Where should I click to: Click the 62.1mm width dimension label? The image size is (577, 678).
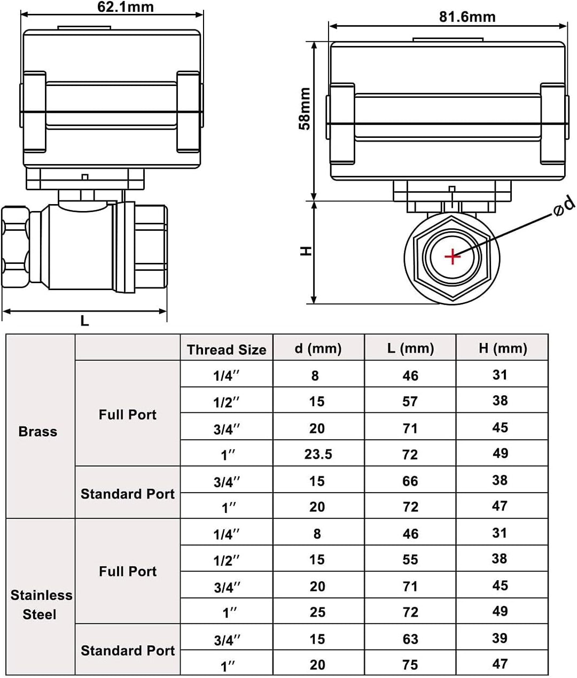click(126, 7)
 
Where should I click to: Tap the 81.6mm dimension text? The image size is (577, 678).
click(467, 17)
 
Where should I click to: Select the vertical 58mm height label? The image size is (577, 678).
click(305, 108)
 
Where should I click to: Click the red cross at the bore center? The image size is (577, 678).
click(453, 256)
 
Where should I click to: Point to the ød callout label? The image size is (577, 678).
click(564, 207)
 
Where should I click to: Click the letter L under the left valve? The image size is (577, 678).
click(84, 321)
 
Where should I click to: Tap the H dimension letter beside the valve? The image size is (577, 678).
click(306, 251)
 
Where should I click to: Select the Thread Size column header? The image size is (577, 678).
click(227, 349)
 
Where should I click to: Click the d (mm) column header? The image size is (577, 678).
click(318, 348)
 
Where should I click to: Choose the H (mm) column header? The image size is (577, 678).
click(503, 348)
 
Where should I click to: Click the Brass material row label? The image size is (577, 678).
click(38, 432)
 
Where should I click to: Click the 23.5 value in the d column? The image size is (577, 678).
click(318, 454)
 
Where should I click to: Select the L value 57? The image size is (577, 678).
click(410, 401)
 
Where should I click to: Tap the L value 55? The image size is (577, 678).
click(410, 559)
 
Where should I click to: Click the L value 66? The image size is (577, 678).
click(410, 481)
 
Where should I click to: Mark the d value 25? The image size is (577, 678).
click(317, 612)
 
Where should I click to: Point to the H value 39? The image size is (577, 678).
click(500, 638)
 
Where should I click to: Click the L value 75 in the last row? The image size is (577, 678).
click(410, 665)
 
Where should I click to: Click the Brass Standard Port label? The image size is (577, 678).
click(128, 494)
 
